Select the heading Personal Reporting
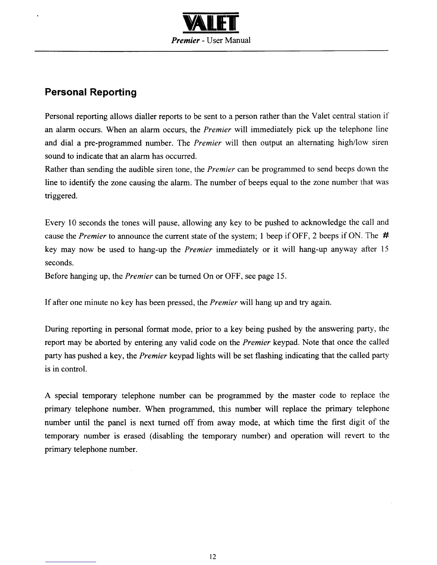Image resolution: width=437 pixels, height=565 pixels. [91, 92]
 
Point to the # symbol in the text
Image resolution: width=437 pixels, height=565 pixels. [385, 235]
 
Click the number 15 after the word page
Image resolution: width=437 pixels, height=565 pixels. [281, 276]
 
